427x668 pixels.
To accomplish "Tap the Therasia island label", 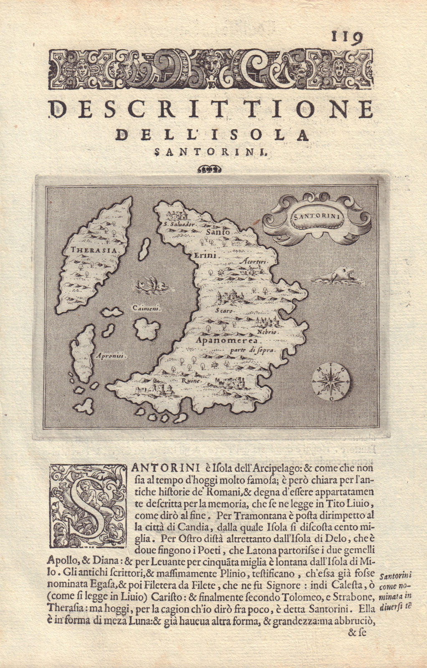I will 89,250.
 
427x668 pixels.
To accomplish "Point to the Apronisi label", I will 111,356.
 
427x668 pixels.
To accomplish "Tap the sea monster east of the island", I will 335,276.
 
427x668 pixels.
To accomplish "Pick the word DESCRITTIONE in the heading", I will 211,110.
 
